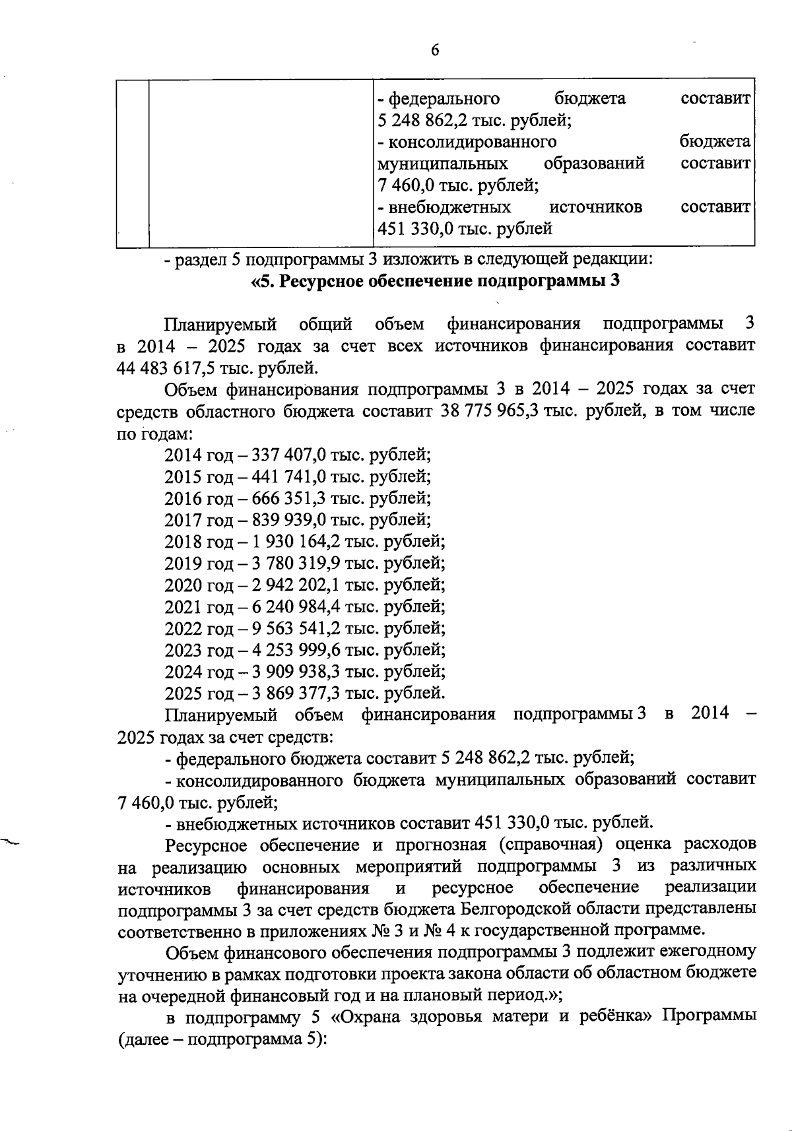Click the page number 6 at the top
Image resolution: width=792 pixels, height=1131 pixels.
[x=435, y=51]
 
